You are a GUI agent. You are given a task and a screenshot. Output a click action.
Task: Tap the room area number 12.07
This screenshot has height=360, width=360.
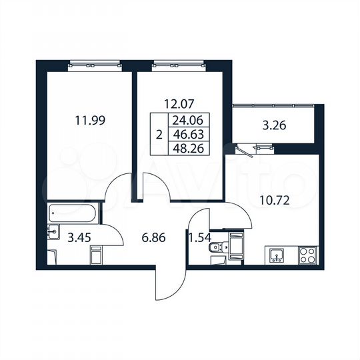(x=178, y=104)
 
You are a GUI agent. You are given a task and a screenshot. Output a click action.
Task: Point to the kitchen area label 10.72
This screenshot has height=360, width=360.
(x=275, y=197)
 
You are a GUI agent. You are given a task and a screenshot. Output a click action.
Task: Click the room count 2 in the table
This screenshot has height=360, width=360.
(x=158, y=133)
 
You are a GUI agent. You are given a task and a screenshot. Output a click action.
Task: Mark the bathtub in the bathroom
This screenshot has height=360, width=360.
(x=73, y=213)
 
